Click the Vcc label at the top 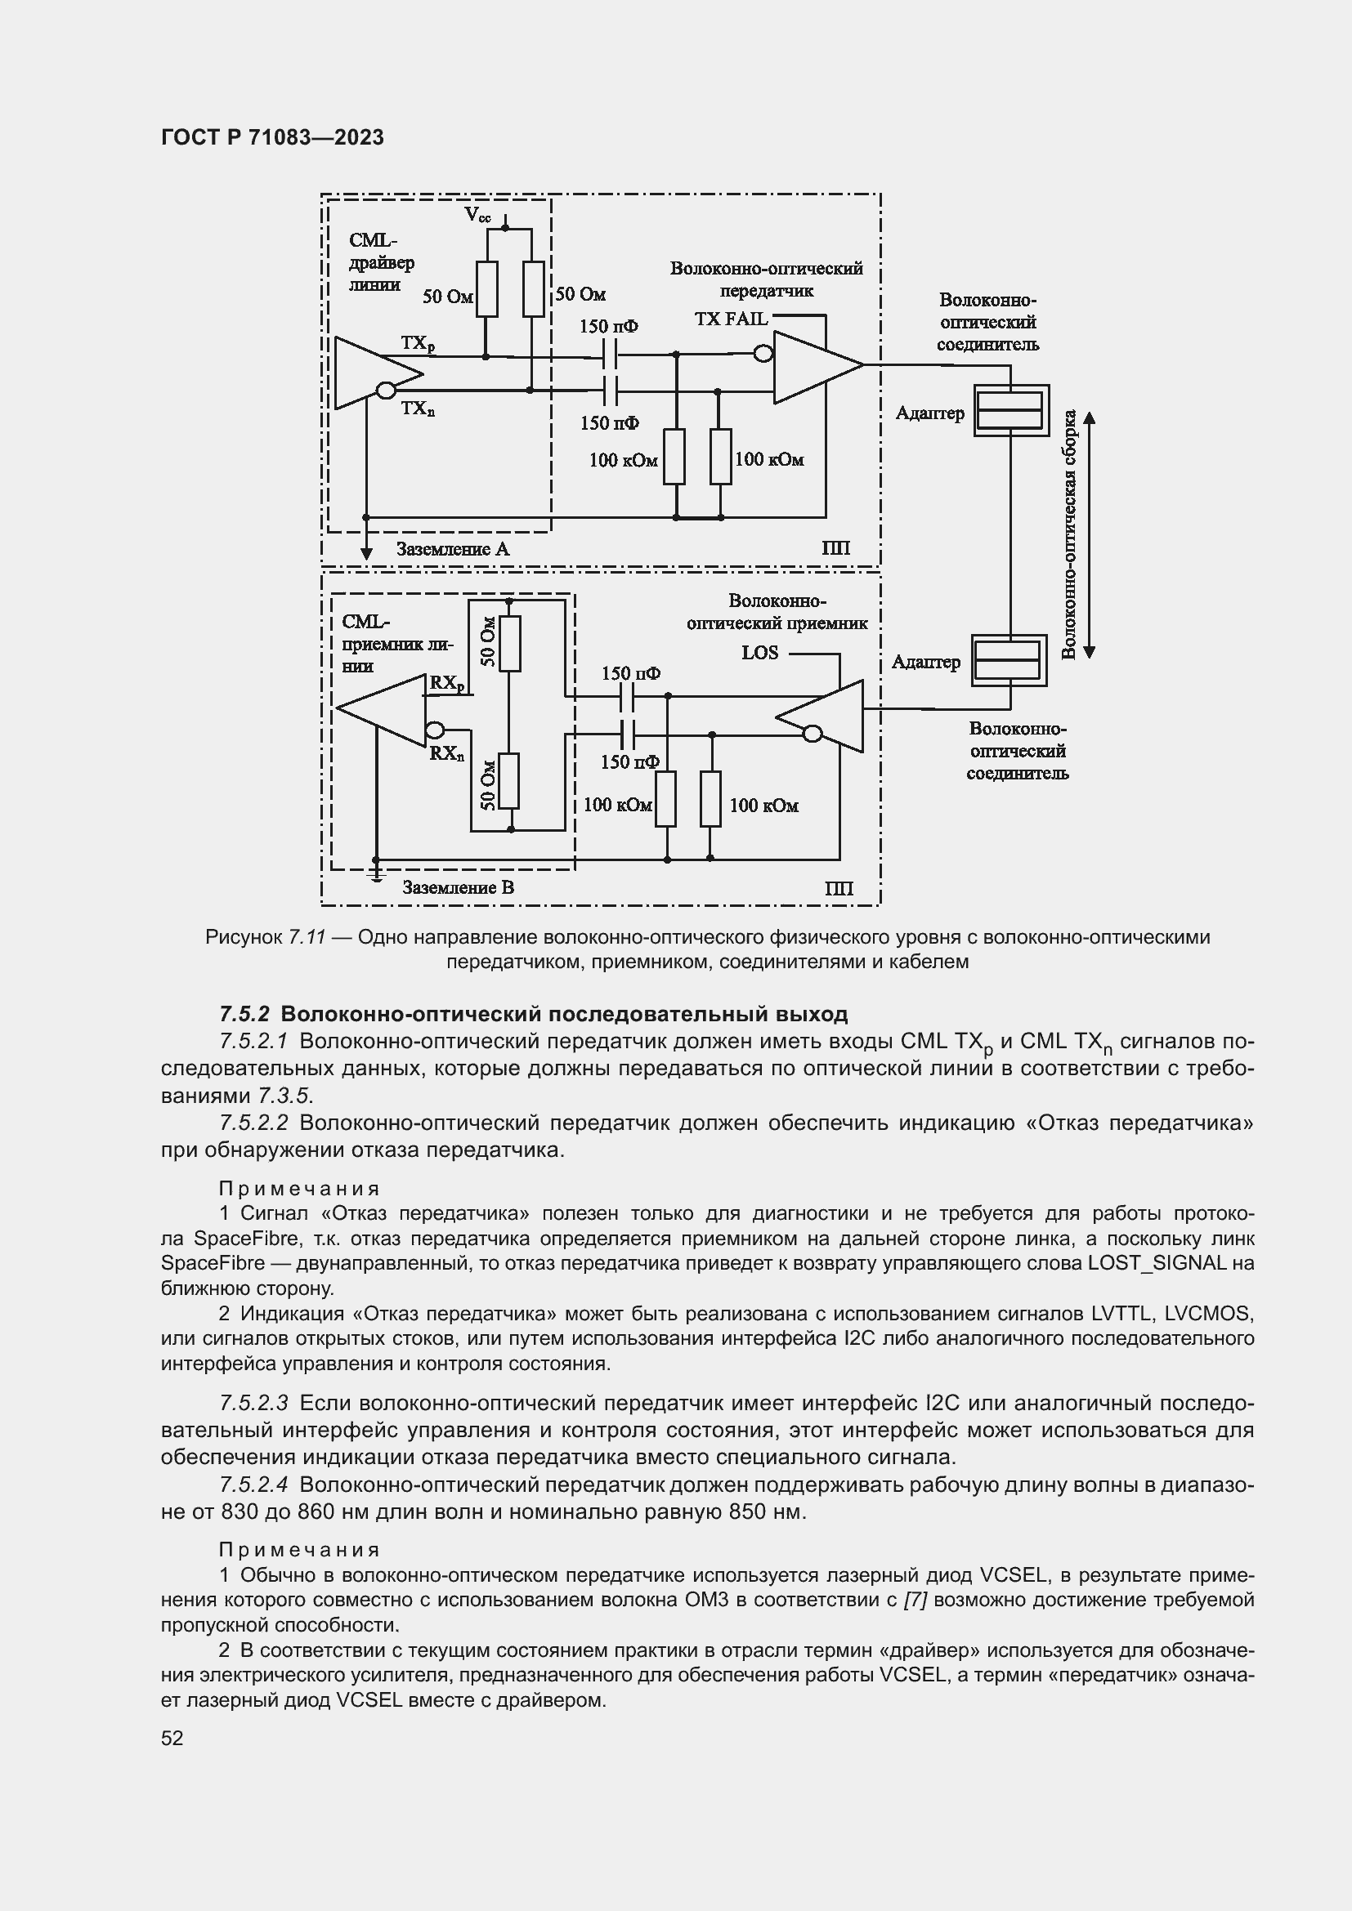477,216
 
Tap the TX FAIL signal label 732,319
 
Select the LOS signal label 759,653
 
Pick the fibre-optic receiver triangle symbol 823,717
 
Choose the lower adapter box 1009,660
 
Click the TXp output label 418,344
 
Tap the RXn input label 447,753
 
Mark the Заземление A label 452,549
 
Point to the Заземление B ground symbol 375,873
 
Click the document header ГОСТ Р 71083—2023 272,138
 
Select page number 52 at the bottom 172,1738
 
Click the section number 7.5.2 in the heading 244,1014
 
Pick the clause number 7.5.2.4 253,1484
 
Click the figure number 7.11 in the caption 307,937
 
